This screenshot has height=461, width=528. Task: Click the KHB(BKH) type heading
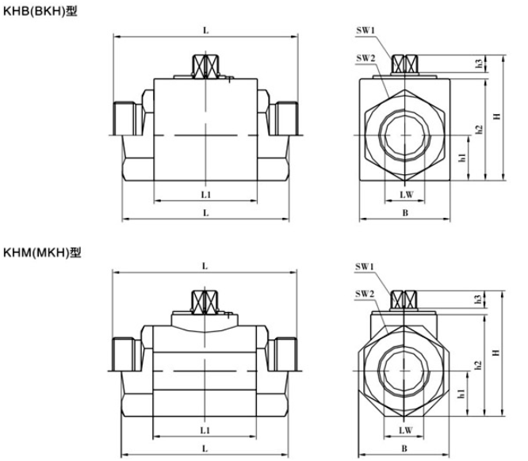(x=40, y=11)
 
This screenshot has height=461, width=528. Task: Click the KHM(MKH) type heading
(x=42, y=252)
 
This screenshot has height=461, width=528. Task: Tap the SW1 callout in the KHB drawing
(x=365, y=30)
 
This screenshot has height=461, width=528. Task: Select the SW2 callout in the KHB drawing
(x=365, y=58)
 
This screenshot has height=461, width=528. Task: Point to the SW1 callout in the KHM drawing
(x=365, y=267)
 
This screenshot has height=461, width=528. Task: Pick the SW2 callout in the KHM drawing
(x=365, y=294)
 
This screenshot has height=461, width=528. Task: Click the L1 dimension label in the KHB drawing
(x=206, y=195)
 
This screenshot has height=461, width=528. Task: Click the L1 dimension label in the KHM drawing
(x=205, y=430)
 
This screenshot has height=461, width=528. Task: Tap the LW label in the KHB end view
(x=406, y=195)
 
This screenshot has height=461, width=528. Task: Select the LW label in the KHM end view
(x=405, y=430)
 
